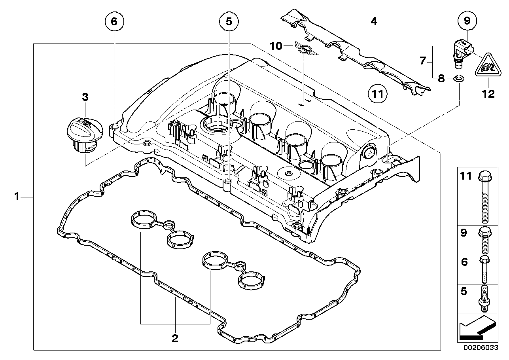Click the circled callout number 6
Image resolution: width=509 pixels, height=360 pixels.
pos(114,21)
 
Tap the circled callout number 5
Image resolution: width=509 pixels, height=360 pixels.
pos(229,21)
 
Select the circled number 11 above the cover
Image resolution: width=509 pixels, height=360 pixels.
pos(378,94)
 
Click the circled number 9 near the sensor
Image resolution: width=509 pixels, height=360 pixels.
pos(467,21)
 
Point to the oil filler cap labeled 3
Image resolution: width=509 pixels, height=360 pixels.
pos(85,135)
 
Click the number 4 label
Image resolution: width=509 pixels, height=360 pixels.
pos(374,21)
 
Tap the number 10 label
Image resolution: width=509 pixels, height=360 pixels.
pos(276,46)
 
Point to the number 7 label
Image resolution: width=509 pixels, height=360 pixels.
pos(422,61)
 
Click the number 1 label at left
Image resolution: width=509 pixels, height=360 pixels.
pos(17,196)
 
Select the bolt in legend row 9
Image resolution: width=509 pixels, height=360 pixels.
pos(485,241)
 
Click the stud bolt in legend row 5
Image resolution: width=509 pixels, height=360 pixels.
pos(485,299)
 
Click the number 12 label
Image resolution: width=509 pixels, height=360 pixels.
pos(488,94)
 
